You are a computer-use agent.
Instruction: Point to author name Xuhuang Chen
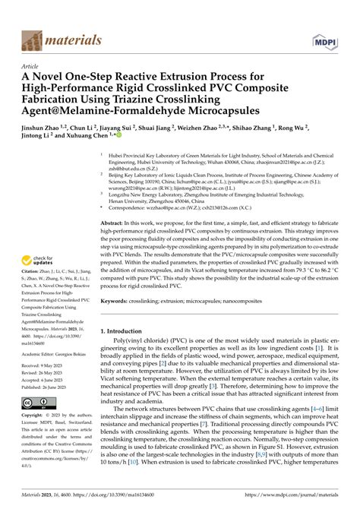(111, 141)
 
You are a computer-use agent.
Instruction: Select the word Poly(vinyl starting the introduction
(129, 324)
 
